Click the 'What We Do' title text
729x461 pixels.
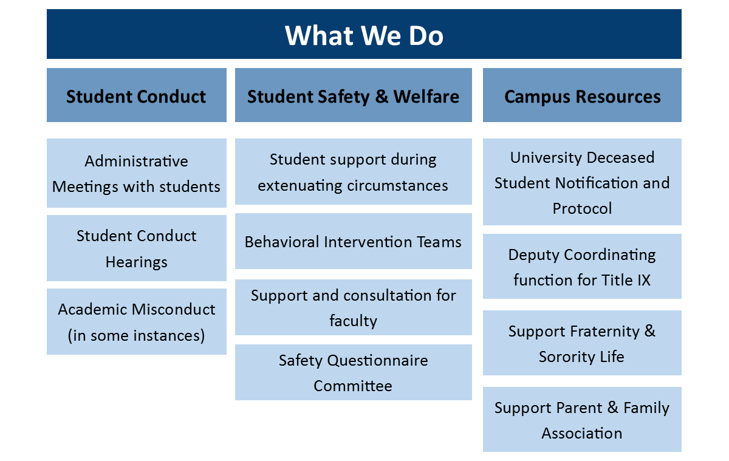point(364,35)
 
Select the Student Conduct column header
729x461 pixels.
point(136,95)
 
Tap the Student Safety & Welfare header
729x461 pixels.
point(354,95)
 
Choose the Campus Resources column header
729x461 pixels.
point(582,95)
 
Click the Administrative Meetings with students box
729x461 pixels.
point(136,173)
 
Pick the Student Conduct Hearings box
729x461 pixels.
point(136,248)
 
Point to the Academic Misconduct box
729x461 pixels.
point(136,321)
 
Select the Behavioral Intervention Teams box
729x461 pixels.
point(354,241)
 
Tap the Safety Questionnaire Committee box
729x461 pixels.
point(354,372)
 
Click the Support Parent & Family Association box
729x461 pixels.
point(582,419)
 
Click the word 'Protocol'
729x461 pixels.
point(582,208)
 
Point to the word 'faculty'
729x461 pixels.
point(354,321)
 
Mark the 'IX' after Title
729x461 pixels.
point(643,280)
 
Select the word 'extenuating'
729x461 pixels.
point(299,186)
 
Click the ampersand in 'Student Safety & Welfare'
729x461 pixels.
point(382,97)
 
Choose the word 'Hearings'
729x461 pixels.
point(136,262)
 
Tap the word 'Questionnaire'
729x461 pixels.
point(377,361)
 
